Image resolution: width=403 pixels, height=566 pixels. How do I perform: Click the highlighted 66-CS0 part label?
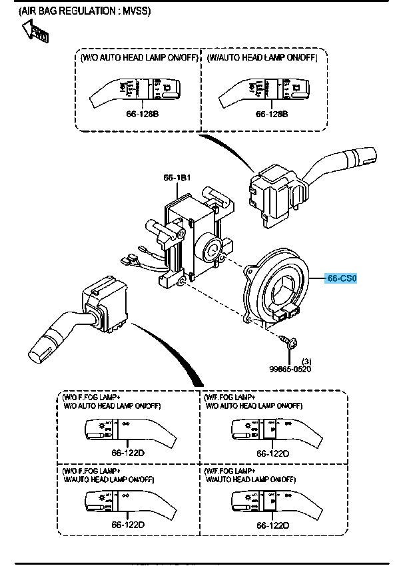click(342, 278)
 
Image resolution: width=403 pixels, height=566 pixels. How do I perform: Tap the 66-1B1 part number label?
click(178, 178)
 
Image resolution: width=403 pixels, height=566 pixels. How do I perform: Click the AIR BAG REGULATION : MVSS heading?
click(85, 11)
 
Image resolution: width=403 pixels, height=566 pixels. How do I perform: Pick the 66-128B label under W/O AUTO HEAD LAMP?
click(142, 114)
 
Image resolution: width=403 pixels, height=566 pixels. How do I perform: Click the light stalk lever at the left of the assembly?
click(73, 320)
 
